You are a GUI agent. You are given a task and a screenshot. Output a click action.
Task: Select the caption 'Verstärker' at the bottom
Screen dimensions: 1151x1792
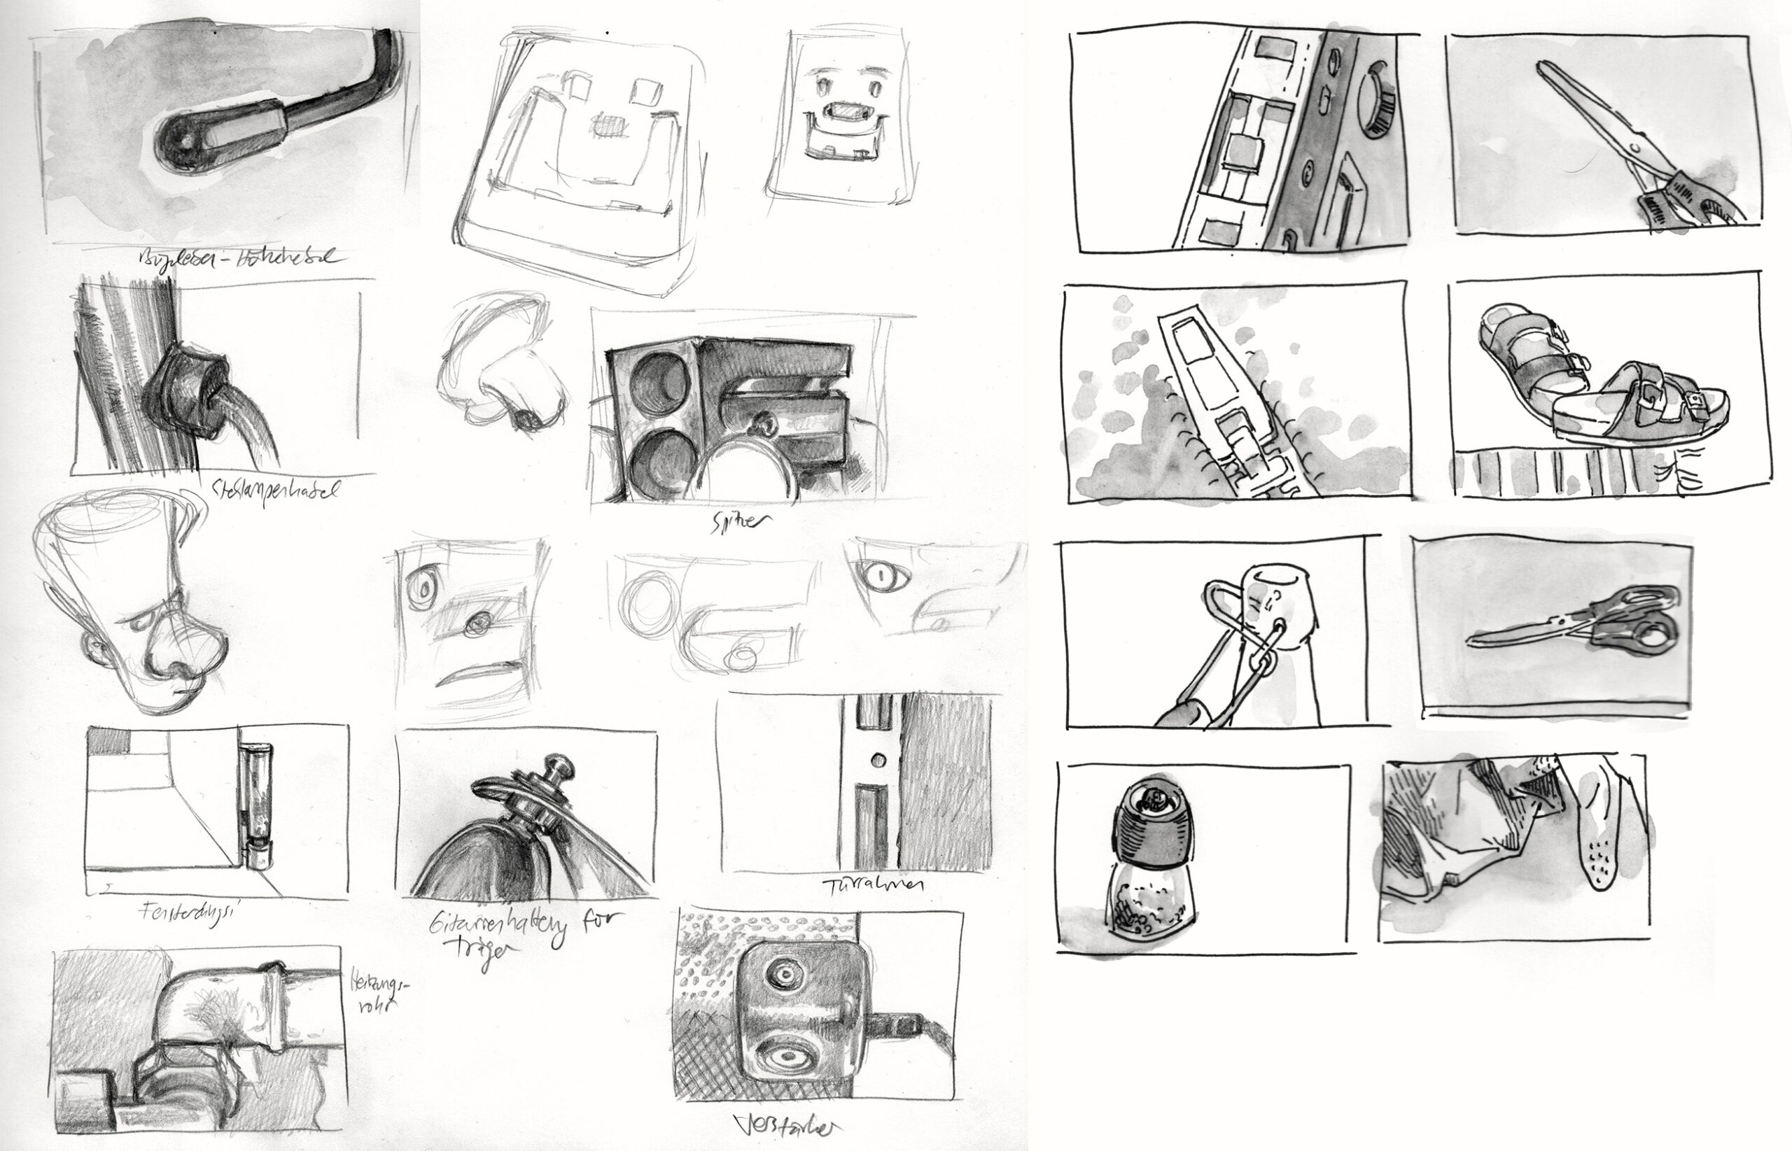pos(792,1127)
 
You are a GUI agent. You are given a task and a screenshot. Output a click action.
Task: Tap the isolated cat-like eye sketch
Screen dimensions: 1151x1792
pos(886,578)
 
